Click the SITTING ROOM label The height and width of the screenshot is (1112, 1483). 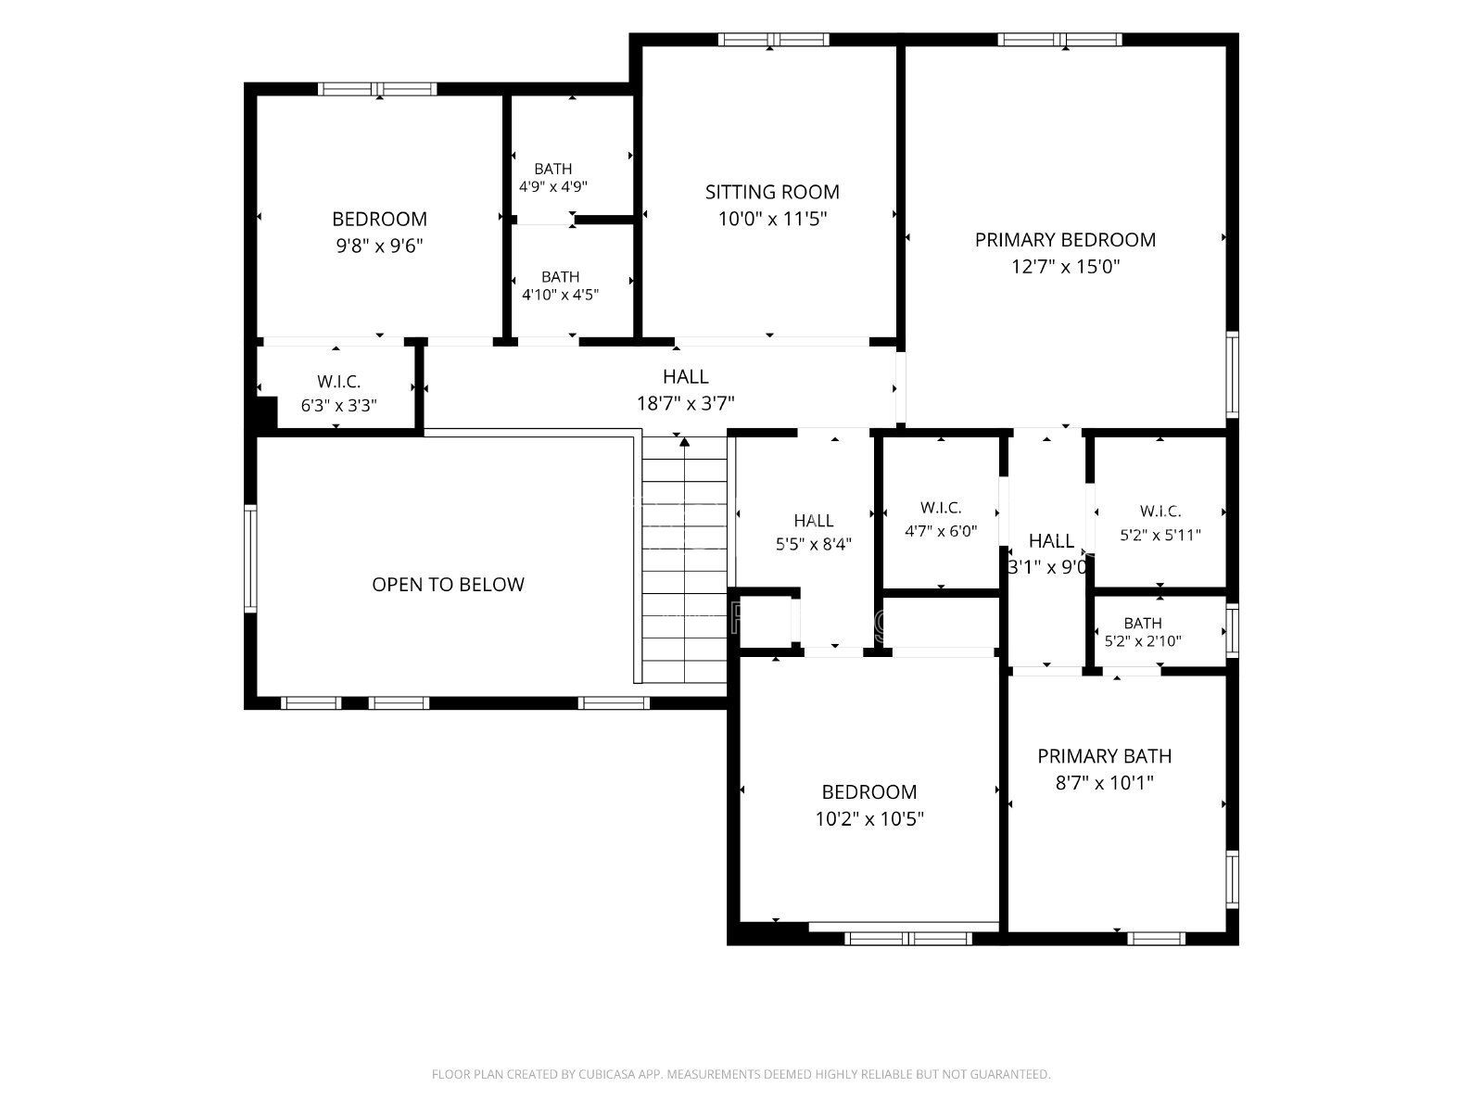tap(772, 193)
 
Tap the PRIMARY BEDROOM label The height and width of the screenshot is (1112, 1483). tap(1065, 240)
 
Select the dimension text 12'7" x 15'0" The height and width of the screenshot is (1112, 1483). tap(1065, 267)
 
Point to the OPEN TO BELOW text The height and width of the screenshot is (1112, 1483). tap(448, 584)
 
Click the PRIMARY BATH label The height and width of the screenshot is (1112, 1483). tap(1105, 756)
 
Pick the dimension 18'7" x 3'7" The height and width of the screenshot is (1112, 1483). tap(685, 403)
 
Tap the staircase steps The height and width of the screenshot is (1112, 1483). tap(684, 560)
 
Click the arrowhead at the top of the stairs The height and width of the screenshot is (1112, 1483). tap(684, 442)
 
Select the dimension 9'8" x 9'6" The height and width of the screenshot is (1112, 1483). tap(379, 246)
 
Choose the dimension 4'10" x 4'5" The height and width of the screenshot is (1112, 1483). tap(560, 295)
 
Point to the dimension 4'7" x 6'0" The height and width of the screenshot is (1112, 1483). tap(941, 531)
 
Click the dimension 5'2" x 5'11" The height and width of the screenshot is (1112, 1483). tap(1160, 536)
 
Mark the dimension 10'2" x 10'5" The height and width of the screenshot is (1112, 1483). tap(868, 819)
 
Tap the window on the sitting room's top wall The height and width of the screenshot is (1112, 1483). tap(774, 40)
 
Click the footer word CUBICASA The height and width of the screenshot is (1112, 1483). tap(607, 1073)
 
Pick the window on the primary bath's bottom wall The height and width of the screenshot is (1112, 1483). tap(1156, 938)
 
